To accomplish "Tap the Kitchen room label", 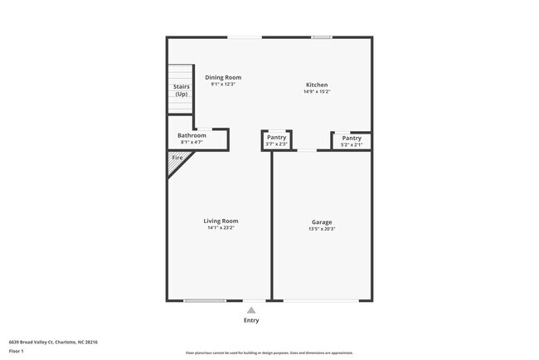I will pyautogui.click(x=317, y=85).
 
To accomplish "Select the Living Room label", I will pyautogui.click(x=221, y=221).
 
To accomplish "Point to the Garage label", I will pyautogui.click(x=322, y=221).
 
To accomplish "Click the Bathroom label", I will pyautogui.click(x=192, y=135).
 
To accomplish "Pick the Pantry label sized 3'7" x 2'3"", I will pyautogui.click(x=276, y=138).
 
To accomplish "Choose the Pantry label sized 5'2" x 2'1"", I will pyautogui.click(x=352, y=138).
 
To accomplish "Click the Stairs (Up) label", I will pyautogui.click(x=181, y=90).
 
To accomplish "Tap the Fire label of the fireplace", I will pyautogui.click(x=177, y=158).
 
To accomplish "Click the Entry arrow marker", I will pyautogui.click(x=250, y=309).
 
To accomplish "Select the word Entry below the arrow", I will pyautogui.click(x=250, y=320).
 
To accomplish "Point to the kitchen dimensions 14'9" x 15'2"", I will pyautogui.click(x=317, y=91).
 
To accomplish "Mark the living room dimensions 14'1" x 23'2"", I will pyautogui.click(x=221, y=227).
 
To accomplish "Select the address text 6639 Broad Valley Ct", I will pyautogui.click(x=41, y=341).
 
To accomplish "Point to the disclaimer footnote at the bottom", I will pyautogui.click(x=269, y=353).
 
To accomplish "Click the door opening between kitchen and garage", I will pyautogui.click(x=306, y=150).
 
